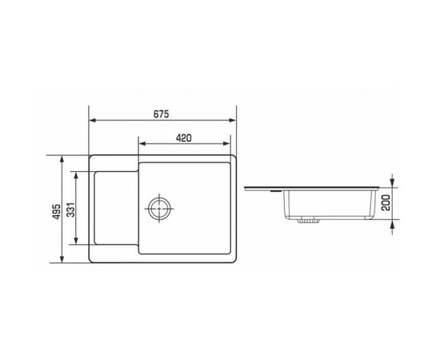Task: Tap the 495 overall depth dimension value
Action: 57,210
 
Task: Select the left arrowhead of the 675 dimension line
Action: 91,120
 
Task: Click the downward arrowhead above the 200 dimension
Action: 391,183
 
